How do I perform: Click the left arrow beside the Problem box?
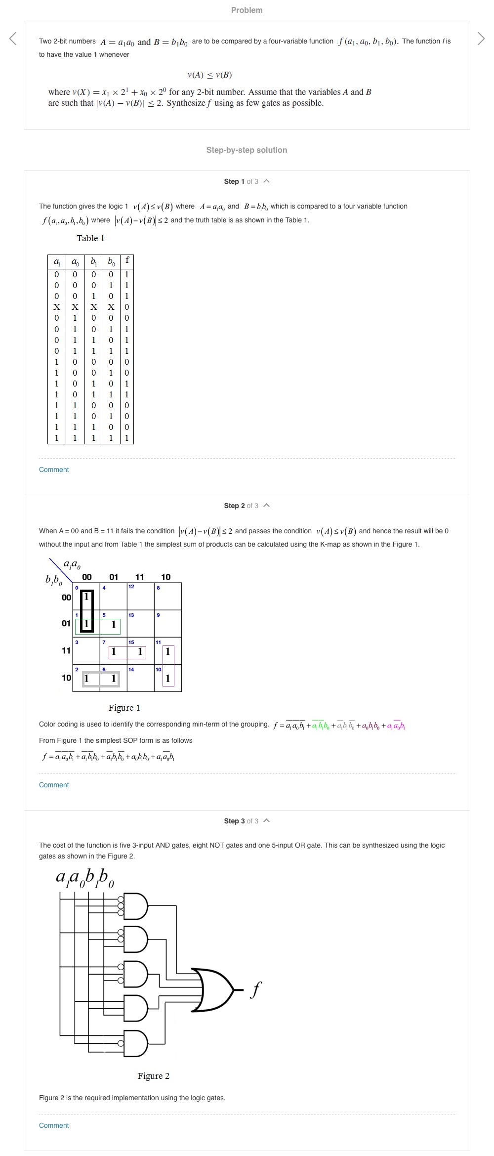click(13, 39)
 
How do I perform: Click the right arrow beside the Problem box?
click(481, 39)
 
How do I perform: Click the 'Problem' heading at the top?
click(247, 10)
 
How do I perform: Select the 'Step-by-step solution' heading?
click(247, 150)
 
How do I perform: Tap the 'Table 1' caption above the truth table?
click(90, 238)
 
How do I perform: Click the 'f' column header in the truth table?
click(127, 260)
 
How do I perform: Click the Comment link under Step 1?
click(54, 470)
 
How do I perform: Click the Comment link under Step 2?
click(54, 785)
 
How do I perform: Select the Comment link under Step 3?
click(54, 1125)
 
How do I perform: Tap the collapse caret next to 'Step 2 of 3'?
click(267, 506)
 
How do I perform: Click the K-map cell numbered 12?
click(141, 597)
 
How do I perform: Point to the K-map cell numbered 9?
click(168, 624)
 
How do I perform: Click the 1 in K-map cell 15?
click(140, 652)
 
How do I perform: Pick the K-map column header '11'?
click(140, 577)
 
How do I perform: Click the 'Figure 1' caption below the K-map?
click(124, 708)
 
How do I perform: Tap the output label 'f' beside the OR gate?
click(255, 990)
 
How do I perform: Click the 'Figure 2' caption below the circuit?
click(153, 1076)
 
